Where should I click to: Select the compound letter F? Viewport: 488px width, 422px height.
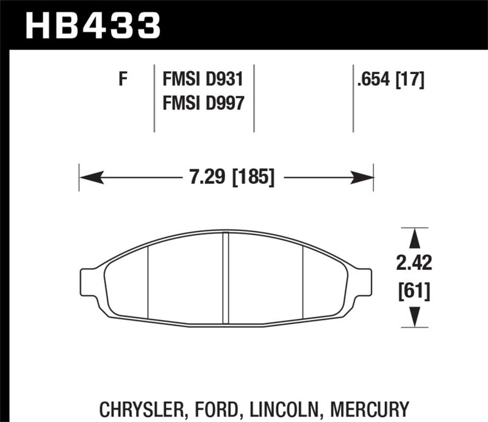123,79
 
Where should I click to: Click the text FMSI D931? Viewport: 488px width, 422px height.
203,79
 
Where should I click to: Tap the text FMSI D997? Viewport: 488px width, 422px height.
203,103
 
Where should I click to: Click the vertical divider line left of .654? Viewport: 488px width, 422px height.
353,98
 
